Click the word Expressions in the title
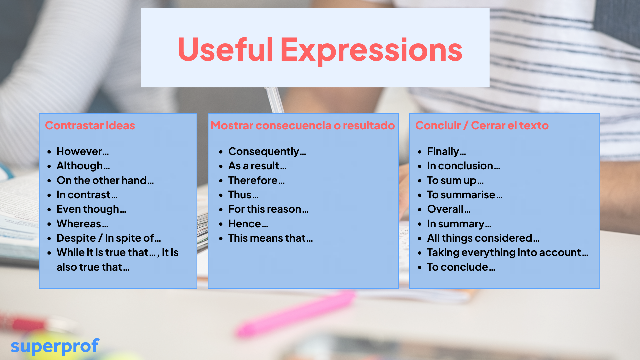click(x=371, y=51)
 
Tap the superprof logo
click(x=55, y=346)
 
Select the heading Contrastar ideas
click(x=90, y=125)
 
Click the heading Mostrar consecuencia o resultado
click(x=303, y=125)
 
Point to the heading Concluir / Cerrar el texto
click(x=482, y=125)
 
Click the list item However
click(x=83, y=151)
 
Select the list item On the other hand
click(x=105, y=180)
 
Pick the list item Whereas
click(x=82, y=224)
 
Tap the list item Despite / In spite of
click(x=109, y=238)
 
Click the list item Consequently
click(x=267, y=152)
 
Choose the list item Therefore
click(x=256, y=180)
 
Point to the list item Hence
click(x=248, y=224)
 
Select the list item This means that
click(x=270, y=238)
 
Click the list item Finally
click(x=447, y=152)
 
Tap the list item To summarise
click(x=465, y=195)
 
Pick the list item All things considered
click(x=483, y=238)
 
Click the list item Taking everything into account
click(x=508, y=253)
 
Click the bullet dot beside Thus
click(x=221, y=195)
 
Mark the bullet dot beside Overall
click(x=420, y=210)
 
